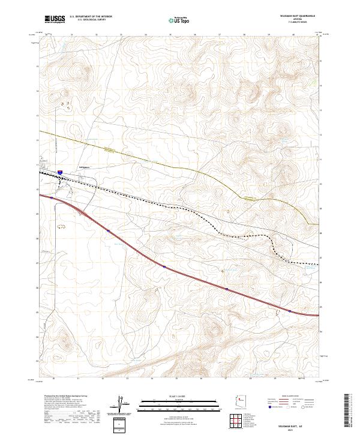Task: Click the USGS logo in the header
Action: point(54,19)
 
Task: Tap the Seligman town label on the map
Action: point(84,167)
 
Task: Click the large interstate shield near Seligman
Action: point(60,173)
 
